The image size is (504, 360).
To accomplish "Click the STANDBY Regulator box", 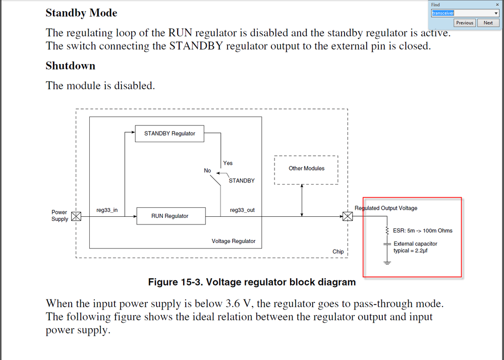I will click(x=170, y=134).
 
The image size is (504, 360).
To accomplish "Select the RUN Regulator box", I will click(x=170, y=216).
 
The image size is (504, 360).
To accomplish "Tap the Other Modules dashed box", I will click(x=306, y=169).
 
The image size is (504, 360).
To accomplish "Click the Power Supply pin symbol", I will click(x=76, y=216).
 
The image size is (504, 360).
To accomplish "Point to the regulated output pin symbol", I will click(x=348, y=217).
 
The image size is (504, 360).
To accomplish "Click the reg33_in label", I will click(x=107, y=210).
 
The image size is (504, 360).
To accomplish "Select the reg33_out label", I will click(x=242, y=210).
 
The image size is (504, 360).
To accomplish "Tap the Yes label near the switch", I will click(x=228, y=163).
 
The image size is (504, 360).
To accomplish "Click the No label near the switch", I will click(x=207, y=171).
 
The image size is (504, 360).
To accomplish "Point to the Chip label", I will click(x=338, y=252).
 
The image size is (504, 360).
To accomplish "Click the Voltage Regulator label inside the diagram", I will click(x=234, y=242).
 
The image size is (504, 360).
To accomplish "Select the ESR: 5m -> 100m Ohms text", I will click(x=423, y=231).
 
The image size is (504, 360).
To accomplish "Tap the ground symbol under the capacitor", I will click(x=387, y=262).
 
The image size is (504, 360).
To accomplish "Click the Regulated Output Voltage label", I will click(x=386, y=208).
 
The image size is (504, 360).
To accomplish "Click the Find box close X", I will click(x=497, y=5).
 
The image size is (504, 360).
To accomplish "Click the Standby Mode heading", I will click(x=81, y=13).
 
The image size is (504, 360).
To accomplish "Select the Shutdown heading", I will click(x=70, y=66).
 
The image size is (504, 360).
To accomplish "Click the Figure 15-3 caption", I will click(x=252, y=282).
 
